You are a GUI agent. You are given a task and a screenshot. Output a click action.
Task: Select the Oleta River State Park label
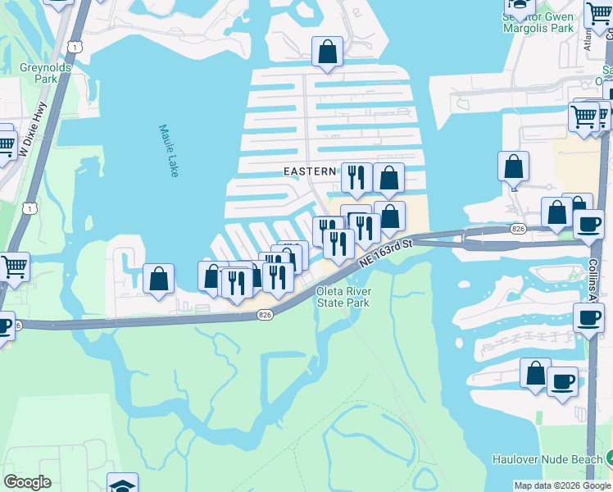pos(344,297)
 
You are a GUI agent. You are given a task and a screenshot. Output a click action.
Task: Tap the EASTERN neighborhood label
pos(310,171)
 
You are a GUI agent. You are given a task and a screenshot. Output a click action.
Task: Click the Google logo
pos(27,482)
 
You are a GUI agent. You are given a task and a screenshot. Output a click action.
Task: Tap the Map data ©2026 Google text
pos(562,485)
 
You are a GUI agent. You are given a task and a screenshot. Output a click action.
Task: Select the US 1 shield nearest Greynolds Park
pos(75,48)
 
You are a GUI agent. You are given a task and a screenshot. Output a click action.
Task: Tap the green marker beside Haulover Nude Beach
pos(607,458)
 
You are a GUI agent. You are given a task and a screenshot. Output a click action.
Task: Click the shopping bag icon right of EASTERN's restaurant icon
pos(388,176)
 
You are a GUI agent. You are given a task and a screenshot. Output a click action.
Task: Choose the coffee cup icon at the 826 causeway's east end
pos(588,223)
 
